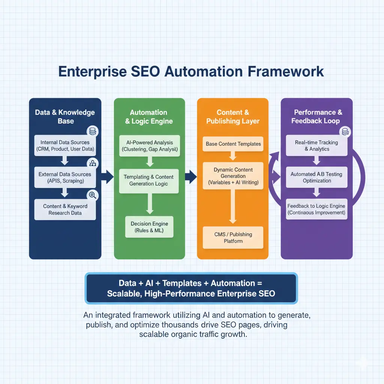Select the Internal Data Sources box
(x=64, y=146)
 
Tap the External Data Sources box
(x=64, y=177)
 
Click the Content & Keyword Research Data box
(x=65, y=209)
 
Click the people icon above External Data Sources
(x=92, y=163)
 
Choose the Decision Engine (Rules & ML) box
(x=149, y=227)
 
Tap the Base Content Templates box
(x=233, y=144)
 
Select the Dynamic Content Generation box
(x=233, y=176)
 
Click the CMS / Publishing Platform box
(x=233, y=237)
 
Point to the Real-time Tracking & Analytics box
(x=316, y=145)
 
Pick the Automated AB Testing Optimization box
(x=316, y=177)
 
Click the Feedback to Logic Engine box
(x=316, y=209)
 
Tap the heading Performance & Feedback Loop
(x=316, y=117)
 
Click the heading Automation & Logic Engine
(x=148, y=117)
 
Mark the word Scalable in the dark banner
(x=123, y=293)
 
